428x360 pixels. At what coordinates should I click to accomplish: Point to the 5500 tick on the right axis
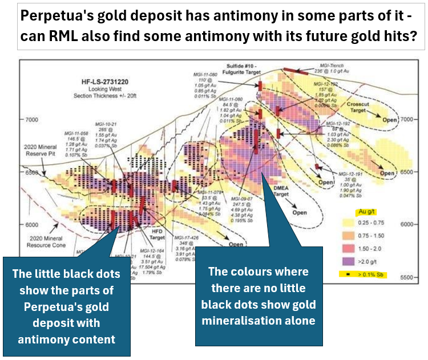click(405, 277)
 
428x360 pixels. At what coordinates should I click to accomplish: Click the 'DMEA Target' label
click(281, 191)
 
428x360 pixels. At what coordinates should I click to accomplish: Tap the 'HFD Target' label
click(157, 234)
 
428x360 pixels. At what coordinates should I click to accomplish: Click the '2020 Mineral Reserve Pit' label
click(41, 151)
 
